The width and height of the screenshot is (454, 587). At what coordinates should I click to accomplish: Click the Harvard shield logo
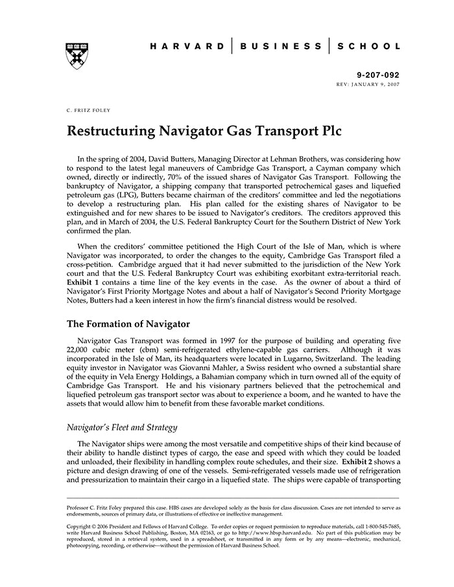pyautogui.click(x=77, y=56)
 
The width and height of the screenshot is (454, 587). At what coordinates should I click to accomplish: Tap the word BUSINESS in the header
pyautogui.click(x=281, y=47)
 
